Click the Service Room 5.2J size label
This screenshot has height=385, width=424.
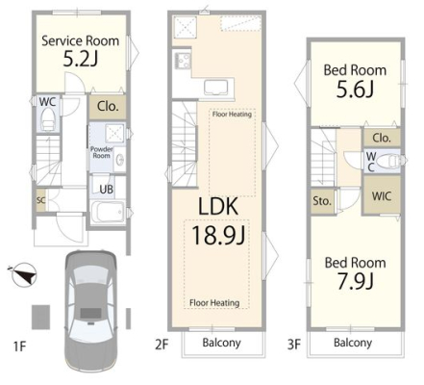point(80,59)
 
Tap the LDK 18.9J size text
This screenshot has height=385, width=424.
point(218,234)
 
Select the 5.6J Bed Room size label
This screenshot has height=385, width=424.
point(355,89)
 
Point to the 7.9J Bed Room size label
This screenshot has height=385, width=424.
point(355,281)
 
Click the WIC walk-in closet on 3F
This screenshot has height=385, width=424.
point(382,195)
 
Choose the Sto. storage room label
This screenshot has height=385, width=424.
point(322,201)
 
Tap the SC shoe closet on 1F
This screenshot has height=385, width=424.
point(40,200)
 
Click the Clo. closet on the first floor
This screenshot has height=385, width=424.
point(108,106)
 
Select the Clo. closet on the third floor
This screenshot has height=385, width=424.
point(382,138)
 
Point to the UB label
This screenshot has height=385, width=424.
point(107,189)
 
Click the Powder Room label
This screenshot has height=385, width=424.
point(102,152)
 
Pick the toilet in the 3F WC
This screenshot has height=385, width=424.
point(388,161)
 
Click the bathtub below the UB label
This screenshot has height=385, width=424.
point(108,212)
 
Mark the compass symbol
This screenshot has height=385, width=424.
point(23,274)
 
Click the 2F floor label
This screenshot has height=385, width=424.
point(162,345)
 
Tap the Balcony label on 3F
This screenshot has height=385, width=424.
point(353,343)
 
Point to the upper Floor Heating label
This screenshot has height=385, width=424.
point(232,114)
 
